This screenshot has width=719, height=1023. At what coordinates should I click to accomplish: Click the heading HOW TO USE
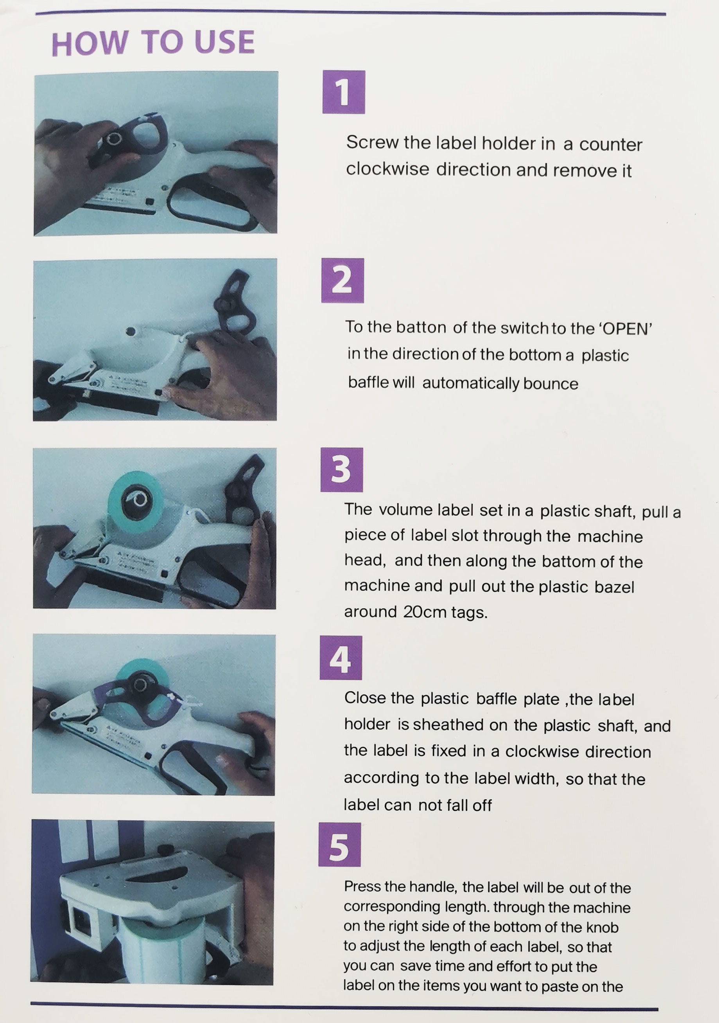pyautogui.click(x=153, y=43)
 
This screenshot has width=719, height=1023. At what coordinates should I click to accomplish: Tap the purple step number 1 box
pyautogui.click(x=344, y=92)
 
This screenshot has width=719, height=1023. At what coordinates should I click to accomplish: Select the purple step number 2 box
pyautogui.click(x=343, y=281)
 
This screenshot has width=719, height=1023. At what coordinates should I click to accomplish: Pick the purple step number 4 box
pyautogui.click(x=341, y=658)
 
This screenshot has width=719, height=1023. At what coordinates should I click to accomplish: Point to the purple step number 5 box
pyautogui.click(x=340, y=845)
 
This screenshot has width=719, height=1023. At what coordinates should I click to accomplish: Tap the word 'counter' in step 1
pyautogui.click(x=610, y=144)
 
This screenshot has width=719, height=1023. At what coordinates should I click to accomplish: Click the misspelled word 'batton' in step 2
pyautogui.click(x=421, y=327)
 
